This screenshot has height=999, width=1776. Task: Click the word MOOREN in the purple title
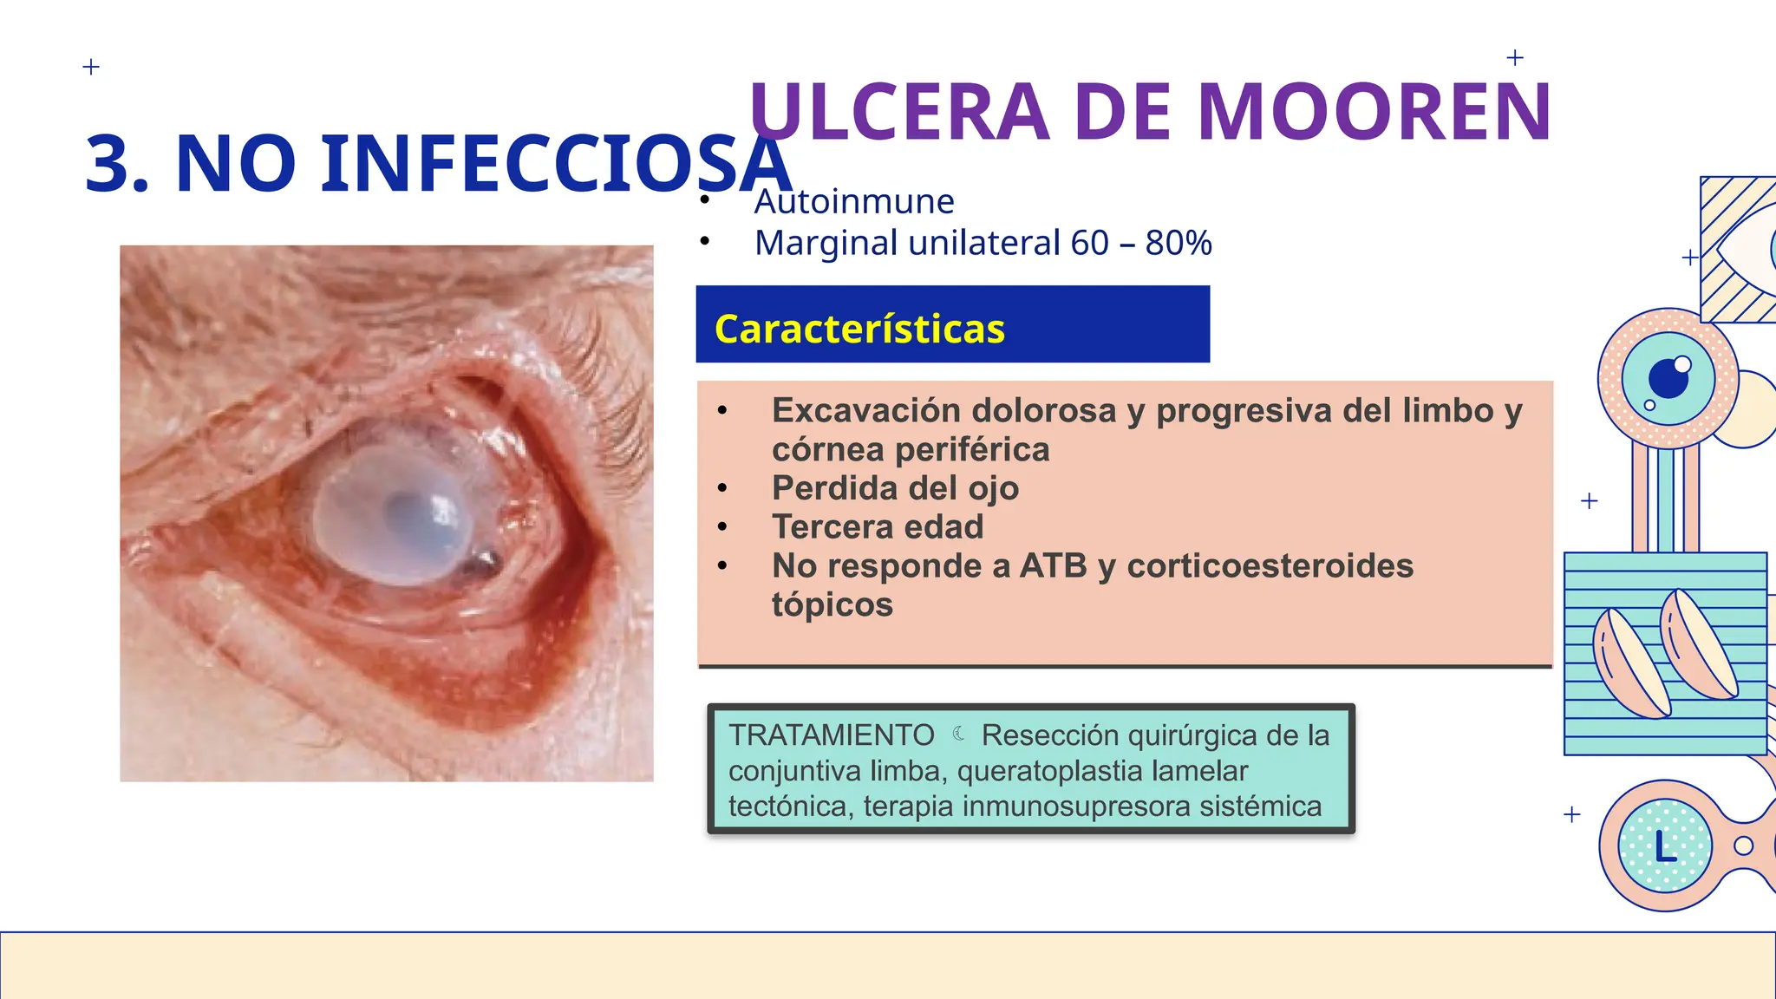point(1374,113)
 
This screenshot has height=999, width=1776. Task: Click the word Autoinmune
point(854,202)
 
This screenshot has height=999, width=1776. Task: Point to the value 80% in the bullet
point(1178,244)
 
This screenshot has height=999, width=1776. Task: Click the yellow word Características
point(859,330)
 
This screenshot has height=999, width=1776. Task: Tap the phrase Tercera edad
point(878,527)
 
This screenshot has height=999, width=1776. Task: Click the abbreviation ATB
point(1053,566)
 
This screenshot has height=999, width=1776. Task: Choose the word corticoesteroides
point(1270,566)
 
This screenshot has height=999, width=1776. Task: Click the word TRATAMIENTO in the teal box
point(831,735)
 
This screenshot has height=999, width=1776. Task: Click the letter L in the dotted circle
point(1665,846)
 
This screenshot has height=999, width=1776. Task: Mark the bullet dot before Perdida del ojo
point(722,488)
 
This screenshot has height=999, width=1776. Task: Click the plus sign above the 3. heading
point(91,67)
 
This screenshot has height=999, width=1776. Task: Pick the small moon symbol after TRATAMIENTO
point(958,734)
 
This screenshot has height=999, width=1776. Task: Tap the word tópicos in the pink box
point(832,605)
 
